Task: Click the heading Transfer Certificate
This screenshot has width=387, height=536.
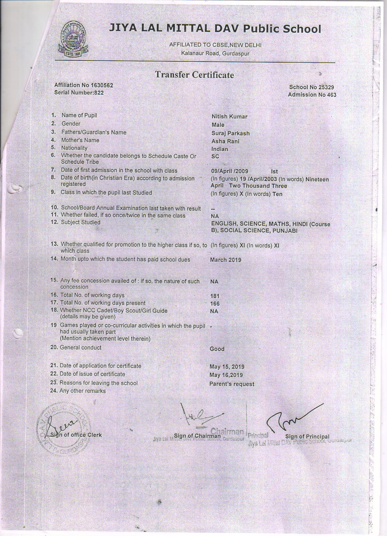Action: tap(194, 75)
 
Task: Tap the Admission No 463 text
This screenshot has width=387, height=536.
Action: tap(312, 95)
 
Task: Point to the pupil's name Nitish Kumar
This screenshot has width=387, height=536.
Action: tap(229, 117)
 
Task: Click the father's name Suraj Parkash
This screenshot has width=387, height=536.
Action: tap(230, 134)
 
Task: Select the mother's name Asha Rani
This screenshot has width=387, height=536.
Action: tap(225, 142)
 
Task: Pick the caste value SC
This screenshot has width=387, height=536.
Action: tap(215, 157)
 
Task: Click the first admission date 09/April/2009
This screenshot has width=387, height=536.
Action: tap(230, 171)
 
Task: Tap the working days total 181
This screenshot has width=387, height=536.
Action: tap(215, 296)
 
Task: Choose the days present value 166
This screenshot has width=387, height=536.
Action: tap(215, 304)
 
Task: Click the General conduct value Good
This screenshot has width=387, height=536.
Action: tap(217, 349)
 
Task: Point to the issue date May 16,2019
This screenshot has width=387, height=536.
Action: tap(226, 375)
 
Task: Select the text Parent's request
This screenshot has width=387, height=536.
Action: tap(232, 384)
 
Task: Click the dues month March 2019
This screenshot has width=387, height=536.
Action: tap(225, 260)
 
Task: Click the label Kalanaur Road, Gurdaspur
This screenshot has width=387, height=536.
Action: tap(215, 54)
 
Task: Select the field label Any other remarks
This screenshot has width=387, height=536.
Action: tap(82, 391)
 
